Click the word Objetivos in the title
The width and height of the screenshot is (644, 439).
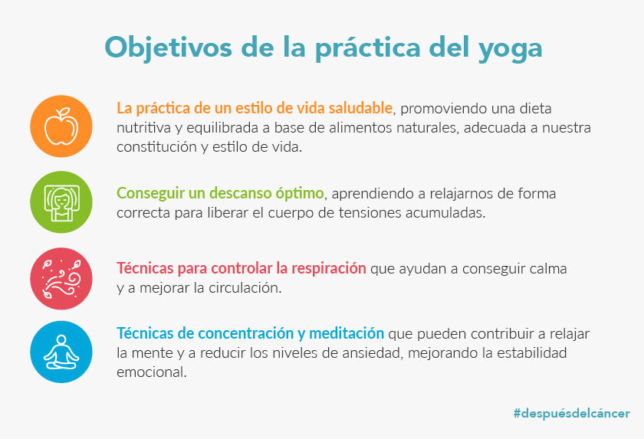tap(169, 48)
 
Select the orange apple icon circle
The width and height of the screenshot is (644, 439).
tap(61, 126)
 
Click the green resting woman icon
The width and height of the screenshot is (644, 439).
tap(61, 202)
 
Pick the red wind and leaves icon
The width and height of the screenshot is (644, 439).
tap(61, 279)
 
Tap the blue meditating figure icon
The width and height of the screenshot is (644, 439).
tap(61, 352)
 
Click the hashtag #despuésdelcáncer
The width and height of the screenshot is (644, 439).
tap(571, 413)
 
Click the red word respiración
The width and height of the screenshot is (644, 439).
tap(329, 268)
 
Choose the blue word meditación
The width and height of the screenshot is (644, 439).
tap(347, 333)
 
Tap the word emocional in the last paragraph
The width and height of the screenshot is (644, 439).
tap(152, 372)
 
